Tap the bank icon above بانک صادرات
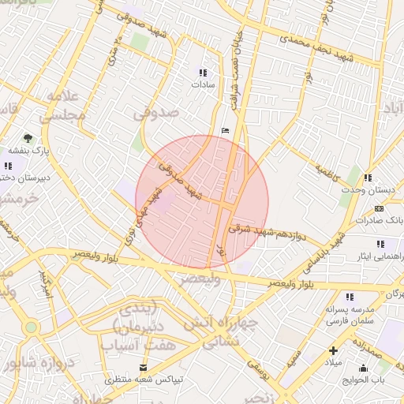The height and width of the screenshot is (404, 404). pyautogui.click(x=380, y=209)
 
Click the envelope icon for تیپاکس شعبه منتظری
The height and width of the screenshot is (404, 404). pyautogui.click(x=143, y=367)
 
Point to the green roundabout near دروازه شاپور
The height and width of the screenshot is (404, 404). pyautogui.click(x=31, y=327)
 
